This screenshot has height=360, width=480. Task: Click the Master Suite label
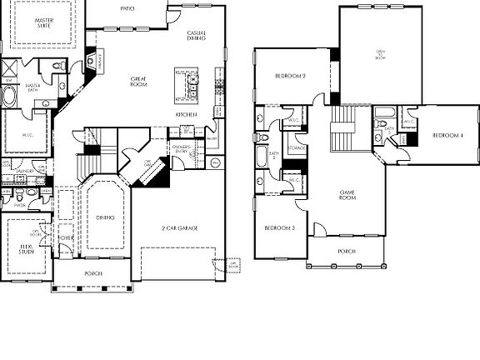[x=34, y=22]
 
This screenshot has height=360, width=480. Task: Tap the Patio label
[x=127, y=7]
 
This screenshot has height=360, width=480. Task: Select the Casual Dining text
[x=197, y=36]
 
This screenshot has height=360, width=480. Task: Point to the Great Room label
[x=138, y=82]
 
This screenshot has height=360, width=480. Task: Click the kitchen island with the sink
[x=187, y=84]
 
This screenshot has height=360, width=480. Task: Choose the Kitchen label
[x=185, y=114]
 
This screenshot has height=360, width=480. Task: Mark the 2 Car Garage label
[x=179, y=227]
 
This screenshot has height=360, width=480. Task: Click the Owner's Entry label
[x=181, y=149]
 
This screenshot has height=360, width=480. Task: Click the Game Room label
[x=347, y=196]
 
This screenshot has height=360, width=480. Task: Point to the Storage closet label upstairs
[x=297, y=149]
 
